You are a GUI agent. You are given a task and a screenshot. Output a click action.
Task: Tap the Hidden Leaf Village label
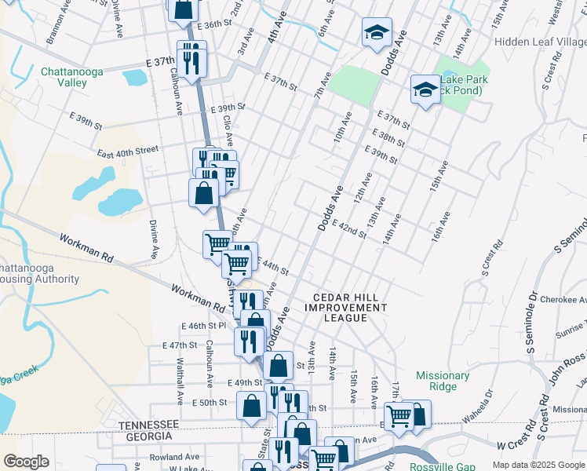541,41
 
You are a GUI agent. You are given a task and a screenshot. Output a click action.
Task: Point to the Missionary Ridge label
443,381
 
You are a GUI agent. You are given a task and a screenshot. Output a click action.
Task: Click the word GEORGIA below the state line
146,436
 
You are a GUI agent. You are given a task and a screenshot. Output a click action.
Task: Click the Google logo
26,462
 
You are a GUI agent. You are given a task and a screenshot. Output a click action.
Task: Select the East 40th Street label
128,150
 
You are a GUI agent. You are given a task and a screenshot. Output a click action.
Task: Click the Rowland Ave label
175,457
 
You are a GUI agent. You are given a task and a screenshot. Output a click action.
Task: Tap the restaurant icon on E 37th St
191,58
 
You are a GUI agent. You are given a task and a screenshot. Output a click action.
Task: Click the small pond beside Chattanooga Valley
134,77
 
